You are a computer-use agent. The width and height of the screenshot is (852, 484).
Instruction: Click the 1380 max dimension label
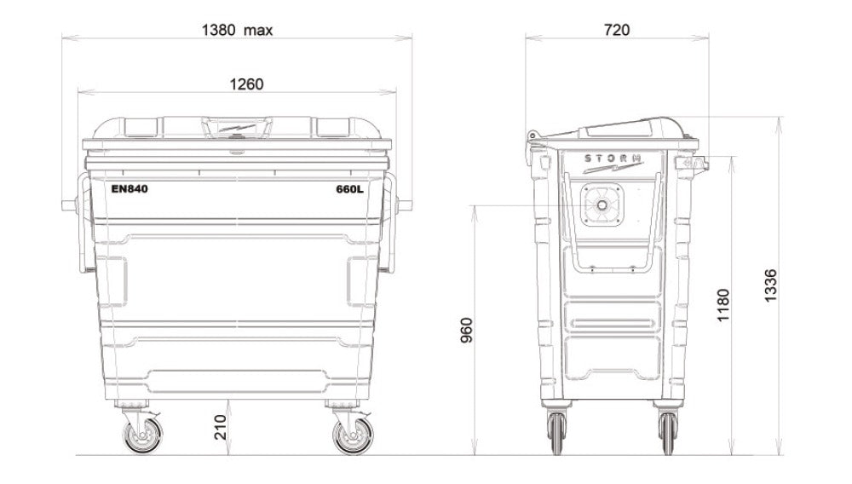tap(237, 30)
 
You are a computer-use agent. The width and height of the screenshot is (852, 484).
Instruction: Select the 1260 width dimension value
tap(246, 84)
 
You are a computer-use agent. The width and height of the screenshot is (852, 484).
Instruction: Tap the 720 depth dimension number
tap(617, 30)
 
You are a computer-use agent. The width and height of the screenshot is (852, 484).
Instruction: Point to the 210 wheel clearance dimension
tap(220, 427)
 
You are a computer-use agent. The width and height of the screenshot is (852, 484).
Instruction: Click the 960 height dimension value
tap(466, 331)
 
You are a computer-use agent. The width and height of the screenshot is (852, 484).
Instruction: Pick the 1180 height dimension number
tap(722, 305)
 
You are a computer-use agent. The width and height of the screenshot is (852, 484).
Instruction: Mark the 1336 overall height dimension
tap(770, 285)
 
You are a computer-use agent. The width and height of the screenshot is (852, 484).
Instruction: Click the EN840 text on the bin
tap(130, 189)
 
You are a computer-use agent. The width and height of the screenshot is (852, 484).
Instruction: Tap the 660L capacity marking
tap(349, 189)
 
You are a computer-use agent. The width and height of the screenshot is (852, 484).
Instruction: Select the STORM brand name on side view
tap(613, 158)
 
